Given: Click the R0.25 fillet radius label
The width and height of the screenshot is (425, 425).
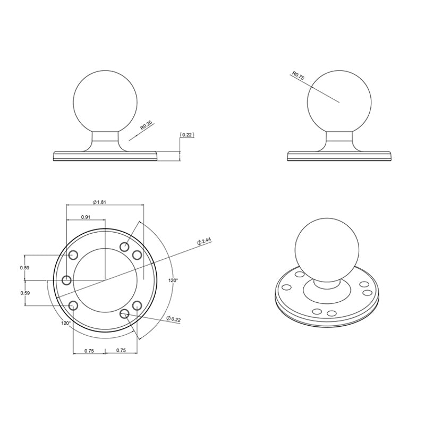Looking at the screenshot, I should pyautogui.click(x=146, y=126).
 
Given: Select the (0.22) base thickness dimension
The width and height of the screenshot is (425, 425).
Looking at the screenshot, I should pyautogui.click(x=187, y=135).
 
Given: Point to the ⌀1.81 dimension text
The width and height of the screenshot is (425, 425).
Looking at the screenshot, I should pyautogui.click(x=100, y=202).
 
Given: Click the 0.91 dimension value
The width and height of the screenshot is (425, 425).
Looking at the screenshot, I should pyautogui.click(x=86, y=217).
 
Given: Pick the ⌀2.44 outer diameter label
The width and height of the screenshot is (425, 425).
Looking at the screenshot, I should pyautogui.click(x=204, y=241).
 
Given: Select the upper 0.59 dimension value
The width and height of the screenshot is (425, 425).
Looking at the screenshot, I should pyautogui.click(x=24, y=267).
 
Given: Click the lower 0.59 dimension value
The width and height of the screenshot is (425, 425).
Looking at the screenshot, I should pyautogui.click(x=24, y=293).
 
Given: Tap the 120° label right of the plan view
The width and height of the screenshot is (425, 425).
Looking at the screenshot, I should pyautogui.click(x=173, y=280).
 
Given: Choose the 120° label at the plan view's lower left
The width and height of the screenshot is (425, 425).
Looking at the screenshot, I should pyautogui.click(x=65, y=322).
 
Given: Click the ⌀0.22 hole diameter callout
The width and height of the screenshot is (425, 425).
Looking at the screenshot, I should pyautogui.click(x=174, y=319).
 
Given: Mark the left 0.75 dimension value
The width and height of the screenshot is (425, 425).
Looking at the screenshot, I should pyautogui.click(x=88, y=350).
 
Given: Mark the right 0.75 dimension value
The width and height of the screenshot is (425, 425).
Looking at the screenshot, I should pyautogui.click(x=121, y=350).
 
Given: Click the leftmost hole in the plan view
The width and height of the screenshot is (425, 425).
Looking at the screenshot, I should pyautogui.click(x=67, y=280).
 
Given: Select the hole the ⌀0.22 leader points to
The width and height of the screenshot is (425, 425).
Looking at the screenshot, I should pyautogui.click(x=125, y=314).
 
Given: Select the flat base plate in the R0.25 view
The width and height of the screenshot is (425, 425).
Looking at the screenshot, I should pyautogui.click(x=105, y=156).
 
